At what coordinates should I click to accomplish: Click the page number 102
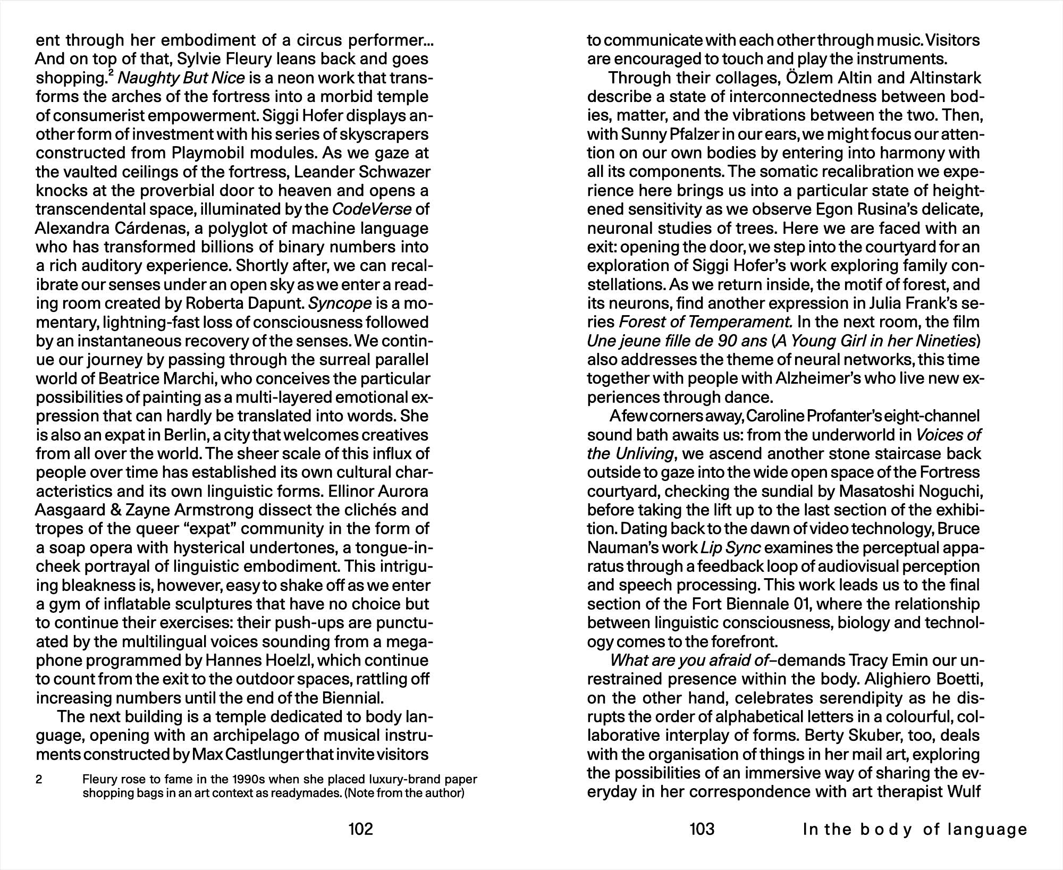click(x=360, y=829)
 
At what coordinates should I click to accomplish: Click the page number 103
click(x=702, y=829)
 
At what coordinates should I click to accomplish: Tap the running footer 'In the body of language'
click(x=915, y=830)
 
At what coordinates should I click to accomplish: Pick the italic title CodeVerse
click(x=372, y=209)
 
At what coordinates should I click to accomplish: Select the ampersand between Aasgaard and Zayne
click(x=115, y=510)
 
